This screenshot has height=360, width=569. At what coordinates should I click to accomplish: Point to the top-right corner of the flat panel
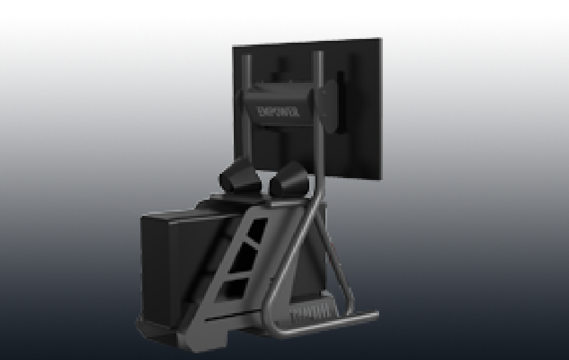click(x=381, y=40)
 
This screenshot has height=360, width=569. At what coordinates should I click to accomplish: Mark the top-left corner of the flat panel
click(x=234, y=46)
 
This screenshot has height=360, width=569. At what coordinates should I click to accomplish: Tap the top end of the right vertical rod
click(x=319, y=53)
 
